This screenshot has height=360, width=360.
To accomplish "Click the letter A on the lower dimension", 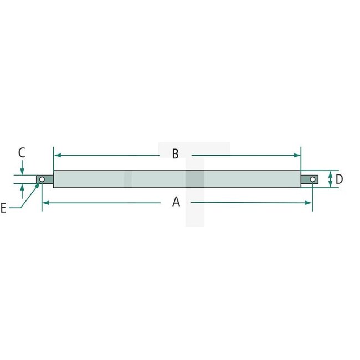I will click(x=176, y=203).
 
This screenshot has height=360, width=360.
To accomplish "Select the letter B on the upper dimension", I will click(x=175, y=154).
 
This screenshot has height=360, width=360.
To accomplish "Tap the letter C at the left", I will click(x=22, y=152).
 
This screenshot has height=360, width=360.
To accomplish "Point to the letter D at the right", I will click(x=339, y=179).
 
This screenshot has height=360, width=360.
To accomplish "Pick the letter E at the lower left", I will click(x=4, y=208).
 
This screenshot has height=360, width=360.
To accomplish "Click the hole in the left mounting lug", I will click(x=42, y=179).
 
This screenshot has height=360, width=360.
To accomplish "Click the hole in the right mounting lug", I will click(x=312, y=179).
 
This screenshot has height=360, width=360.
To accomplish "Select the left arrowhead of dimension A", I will click(x=45, y=203).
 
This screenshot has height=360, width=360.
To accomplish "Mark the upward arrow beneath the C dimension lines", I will click(x=22, y=190).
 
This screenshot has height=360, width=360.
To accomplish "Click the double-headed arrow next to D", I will click(x=330, y=179).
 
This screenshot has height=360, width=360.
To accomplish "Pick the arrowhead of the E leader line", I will click(x=39, y=184).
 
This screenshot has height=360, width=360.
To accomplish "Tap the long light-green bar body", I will click(x=177, y=179).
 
